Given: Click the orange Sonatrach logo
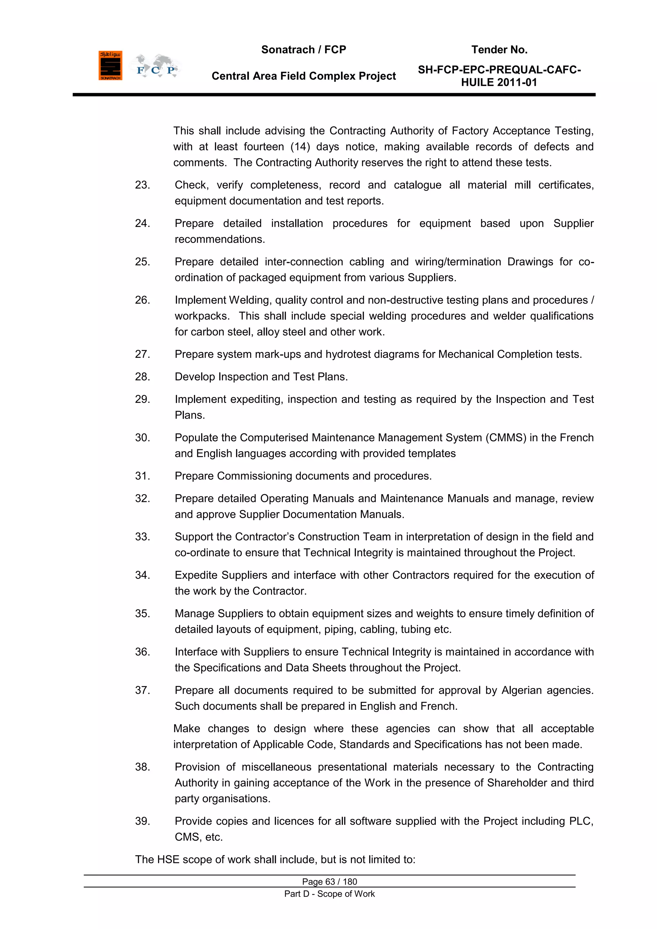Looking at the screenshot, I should click(x=110, y=65).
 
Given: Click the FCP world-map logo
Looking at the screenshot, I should click(x=155, y=66).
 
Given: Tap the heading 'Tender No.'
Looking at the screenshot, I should click(x=499, y=50).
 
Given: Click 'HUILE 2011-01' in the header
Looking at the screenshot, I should click(x=499, y=82).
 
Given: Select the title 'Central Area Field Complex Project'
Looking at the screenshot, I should click(x=303, y=76).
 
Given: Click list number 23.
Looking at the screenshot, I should click(x=142, y=185).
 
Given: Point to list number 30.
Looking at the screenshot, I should click(x=142, y=438).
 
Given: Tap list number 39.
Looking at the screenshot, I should click(x=142, y=821).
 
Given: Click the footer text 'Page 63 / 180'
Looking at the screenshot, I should click(x=329, y=882).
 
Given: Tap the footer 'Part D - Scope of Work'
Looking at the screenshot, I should click(x=329, y=894).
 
